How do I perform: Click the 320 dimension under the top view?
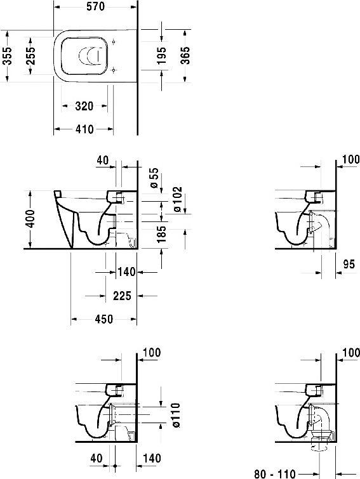[84, 106]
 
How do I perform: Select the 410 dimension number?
[83, 129]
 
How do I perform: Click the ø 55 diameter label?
[153, 178]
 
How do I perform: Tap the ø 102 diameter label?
[177, 200]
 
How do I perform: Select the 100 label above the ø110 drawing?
[153, 352]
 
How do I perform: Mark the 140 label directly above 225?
[127, 272]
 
